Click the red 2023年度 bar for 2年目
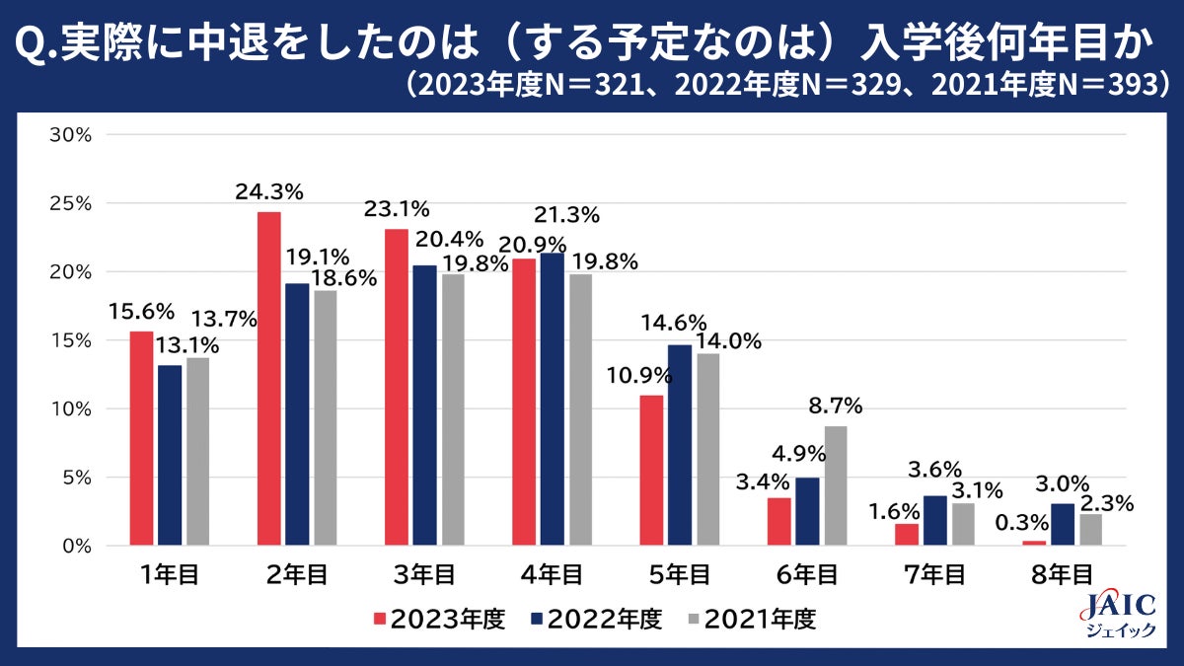pos(268,379)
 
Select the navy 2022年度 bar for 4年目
pos(553,400)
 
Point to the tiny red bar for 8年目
pos(1033,543)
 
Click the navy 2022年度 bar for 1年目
pos(170,455)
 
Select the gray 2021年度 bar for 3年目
pos(453,409)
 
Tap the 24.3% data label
pos(268,191)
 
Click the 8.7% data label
pos(835,406)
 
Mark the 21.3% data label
pos(566,214)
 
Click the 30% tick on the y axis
pos(70,135)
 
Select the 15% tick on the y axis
pos(70,340)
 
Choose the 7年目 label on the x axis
pos(934,574)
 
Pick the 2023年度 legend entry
pos(438,620)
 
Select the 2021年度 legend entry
pos(756,620)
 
